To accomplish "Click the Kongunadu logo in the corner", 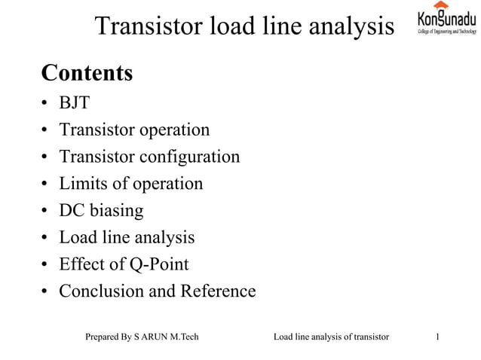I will click(447, 19).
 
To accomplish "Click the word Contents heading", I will click(87, 74).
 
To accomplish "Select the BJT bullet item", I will click(74, 103).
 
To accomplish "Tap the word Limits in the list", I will click(82, 183).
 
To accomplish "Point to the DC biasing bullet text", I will click(101, 210).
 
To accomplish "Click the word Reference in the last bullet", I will click(217, 291).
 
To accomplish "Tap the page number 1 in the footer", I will click(439, 337).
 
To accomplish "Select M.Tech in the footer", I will click(185, 337).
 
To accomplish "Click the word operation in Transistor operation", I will click(174, 130).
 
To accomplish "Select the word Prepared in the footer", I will click(103, 337).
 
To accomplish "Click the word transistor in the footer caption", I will click(366, 337).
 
